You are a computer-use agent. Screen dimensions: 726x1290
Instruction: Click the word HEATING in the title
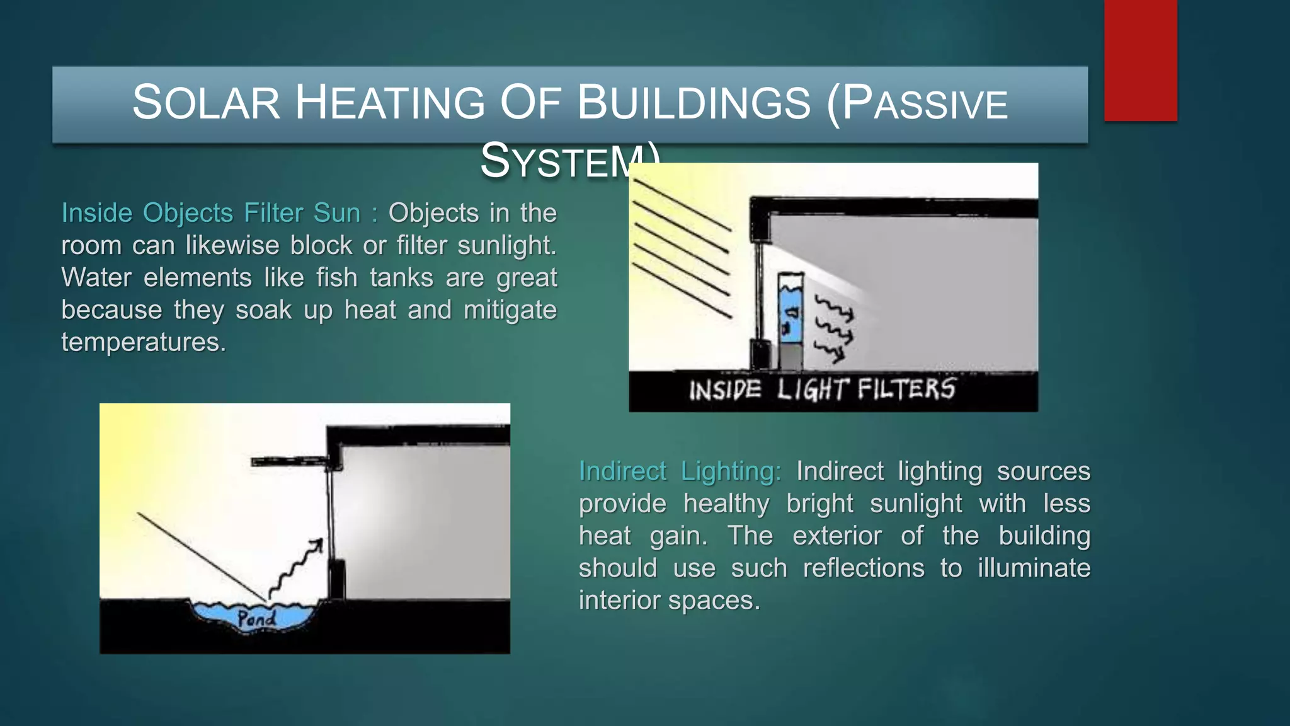coord(390,103)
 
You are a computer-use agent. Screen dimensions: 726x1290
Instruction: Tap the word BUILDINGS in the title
coord(694,103)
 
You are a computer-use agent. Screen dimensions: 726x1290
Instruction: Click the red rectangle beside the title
coord(1140,60)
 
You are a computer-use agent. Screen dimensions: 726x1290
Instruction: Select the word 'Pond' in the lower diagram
coord(256,619)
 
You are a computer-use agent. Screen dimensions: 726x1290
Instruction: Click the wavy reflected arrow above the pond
coord(296,567)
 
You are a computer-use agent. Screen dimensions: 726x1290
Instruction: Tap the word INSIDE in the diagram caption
coord(725,391)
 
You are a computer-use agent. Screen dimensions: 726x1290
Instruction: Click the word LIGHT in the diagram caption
coord(813,389)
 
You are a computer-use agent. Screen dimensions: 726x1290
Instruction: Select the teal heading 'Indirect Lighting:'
coord(680,471)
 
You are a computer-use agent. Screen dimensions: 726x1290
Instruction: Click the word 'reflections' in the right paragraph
coord(863,568)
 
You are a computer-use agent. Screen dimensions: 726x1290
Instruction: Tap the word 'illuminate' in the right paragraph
coord(1034,568)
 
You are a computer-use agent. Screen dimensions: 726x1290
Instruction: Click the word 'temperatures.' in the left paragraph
coord(144,342)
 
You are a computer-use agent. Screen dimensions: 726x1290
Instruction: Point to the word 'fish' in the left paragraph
coord(336,278)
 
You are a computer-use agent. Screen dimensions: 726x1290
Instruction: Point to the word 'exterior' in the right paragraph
coord(836,536)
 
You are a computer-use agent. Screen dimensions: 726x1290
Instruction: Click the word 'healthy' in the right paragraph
coord(726,504)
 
